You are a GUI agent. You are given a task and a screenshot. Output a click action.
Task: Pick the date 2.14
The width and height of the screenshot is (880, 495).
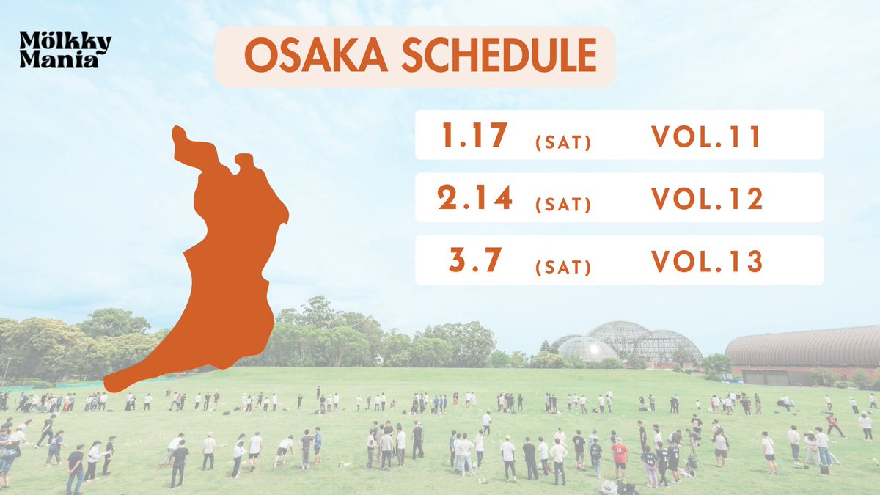pyautogui.click(x=474, y=198)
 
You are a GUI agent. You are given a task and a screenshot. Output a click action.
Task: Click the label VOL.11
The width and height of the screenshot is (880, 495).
pyautogui.click(x=706, y=136)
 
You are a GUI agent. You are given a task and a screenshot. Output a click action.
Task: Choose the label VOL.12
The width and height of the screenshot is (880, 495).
pyautogui.click(x=706, y=199)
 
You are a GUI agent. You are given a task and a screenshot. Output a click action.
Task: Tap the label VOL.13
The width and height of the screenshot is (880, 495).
pyautogui.click(x=706, y=261)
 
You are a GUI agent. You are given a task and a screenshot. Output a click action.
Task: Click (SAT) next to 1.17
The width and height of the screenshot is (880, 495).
pyautogui.click(x=562, y=142)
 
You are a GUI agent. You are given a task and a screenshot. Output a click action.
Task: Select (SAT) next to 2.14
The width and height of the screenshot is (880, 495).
pyautogui.click(x=562, y=205)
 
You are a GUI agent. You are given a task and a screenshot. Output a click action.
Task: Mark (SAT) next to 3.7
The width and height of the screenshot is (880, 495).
pyautogui.click(x=562, y=267)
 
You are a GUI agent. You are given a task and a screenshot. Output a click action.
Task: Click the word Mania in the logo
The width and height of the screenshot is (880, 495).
pyautogui.click(x=59, y=60)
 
